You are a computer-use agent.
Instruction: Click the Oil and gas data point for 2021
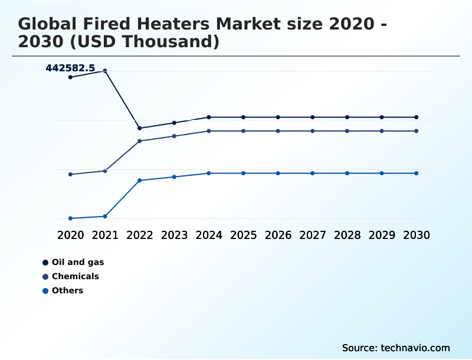105,71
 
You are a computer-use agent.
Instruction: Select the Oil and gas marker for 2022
140,128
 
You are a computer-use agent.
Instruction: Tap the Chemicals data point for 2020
70,174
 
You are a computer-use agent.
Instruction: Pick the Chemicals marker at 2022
140,141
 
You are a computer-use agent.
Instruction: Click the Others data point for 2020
70,218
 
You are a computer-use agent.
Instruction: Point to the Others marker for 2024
209,173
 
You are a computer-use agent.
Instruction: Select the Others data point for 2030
416,173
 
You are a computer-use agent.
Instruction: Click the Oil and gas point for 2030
416,117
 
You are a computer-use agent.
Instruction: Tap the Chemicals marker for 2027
313,131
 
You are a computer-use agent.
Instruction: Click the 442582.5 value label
70,68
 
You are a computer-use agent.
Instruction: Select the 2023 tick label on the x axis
174,235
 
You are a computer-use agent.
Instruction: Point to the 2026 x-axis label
278,235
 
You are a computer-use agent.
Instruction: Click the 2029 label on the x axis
382,235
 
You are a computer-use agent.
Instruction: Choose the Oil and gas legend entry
77,262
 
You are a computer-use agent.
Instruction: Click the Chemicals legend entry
75,276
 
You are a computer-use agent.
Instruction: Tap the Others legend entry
67,290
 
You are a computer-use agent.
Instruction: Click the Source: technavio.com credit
396,348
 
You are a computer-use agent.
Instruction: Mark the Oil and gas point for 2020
70,77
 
